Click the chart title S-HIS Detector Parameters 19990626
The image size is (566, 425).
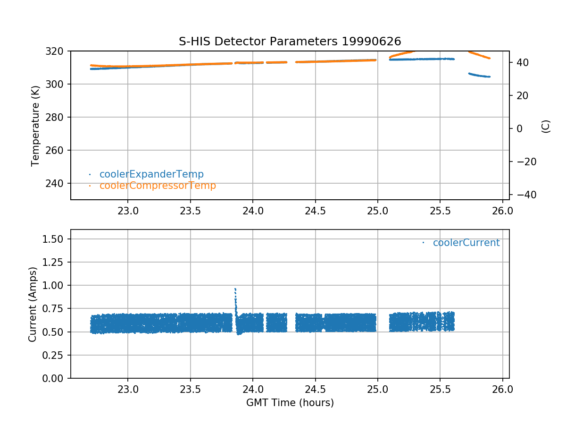pyautogui.click(x=290, y=41)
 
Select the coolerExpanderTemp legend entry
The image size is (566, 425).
pyautogui.click(x=151, y=174)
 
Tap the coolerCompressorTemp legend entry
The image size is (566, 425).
pyautogui.click(x=158, y=186)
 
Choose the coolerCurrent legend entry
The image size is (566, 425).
pyautogui.click(x=466, y=243)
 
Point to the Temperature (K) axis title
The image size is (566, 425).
pyautogui.click(x=35, y=125)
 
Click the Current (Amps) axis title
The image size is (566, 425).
pyautogui.click(x=33, y=304)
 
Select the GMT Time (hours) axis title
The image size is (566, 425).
pyautogui.click(x=290, y=403)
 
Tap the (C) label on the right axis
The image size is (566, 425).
pyautogui.click(x=546, y=126)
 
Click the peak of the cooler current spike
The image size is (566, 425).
pyautogui.click(x=235, y=289)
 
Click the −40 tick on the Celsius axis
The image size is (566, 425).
pyautogui.click(x=523, y=195)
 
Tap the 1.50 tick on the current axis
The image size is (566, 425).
pyautogui.click(x=55, y=239)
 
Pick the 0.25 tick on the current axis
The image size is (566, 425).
pyautogui.click(x=55, y=355)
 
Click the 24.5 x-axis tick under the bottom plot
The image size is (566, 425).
pyautogui.click(x=315, y=390)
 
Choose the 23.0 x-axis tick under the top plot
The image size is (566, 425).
pyautogui.click(x=127, y=211)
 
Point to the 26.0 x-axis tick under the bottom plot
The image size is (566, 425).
pyautogui.click(x=502, y=390)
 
